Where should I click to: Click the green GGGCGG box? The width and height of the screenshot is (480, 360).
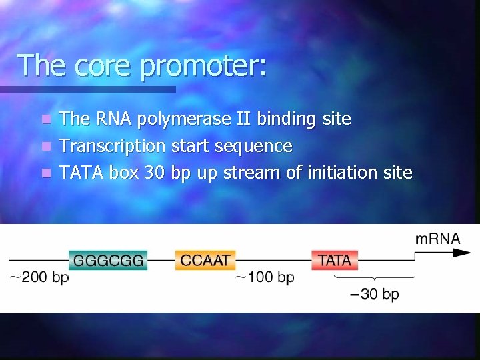[x=108, y=260]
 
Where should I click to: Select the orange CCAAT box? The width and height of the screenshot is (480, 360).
[x=205, y=260]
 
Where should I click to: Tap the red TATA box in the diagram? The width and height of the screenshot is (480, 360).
[x=335, y=260]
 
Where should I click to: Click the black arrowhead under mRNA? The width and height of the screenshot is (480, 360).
[x=461, y=253]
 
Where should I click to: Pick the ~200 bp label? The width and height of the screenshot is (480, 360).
[x=39, y=277]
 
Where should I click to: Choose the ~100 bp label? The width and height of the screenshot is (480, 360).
[x=265, y=277]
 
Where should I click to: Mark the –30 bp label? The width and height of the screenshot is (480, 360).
[x=375, y=294]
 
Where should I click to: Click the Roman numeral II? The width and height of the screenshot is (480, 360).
[x=245, y=119]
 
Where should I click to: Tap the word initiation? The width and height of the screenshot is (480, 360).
[x=342, y=173]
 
